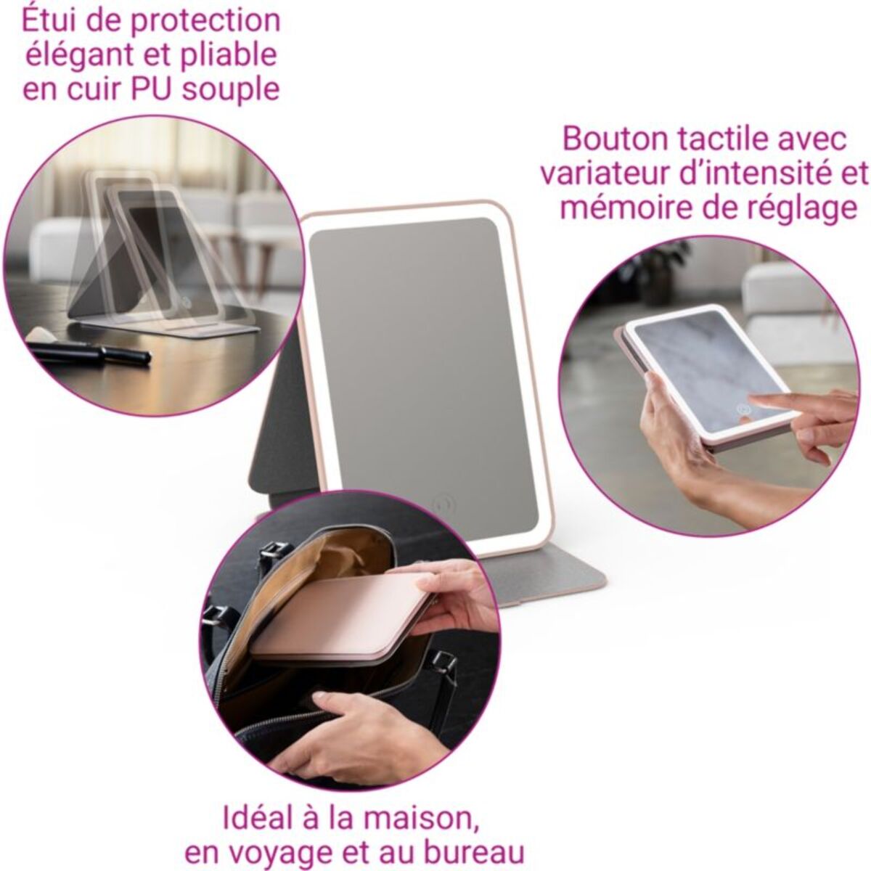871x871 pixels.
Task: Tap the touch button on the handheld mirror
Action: pyautogui.click(x=744, y=410)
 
